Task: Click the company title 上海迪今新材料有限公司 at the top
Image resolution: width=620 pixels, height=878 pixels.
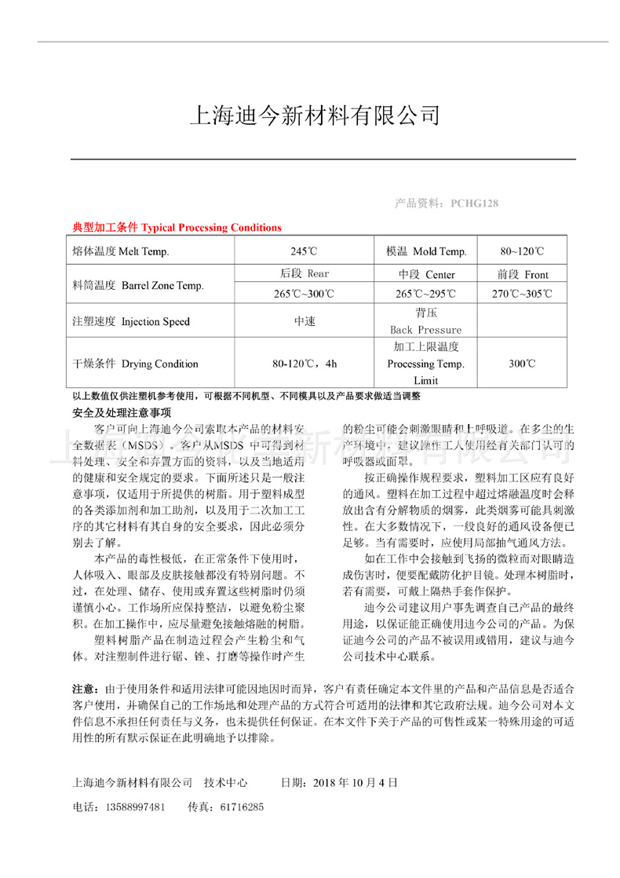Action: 314,116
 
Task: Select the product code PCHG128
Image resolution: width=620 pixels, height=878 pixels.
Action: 474,203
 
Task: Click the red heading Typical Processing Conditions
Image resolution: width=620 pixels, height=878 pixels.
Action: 177,228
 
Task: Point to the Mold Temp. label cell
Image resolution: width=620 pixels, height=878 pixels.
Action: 426,251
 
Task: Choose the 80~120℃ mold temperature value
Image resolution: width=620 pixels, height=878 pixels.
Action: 522,251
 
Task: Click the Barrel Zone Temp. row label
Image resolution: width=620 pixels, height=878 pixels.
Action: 137,285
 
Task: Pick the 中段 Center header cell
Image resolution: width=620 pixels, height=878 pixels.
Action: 426,274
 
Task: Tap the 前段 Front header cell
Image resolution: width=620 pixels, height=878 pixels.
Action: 522,274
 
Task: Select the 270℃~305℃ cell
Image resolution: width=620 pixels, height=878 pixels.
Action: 522,294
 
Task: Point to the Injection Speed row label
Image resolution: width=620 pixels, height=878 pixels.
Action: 131,321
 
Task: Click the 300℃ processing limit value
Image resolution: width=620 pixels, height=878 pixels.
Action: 522,364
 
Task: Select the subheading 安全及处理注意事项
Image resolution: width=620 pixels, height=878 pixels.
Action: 122,412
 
